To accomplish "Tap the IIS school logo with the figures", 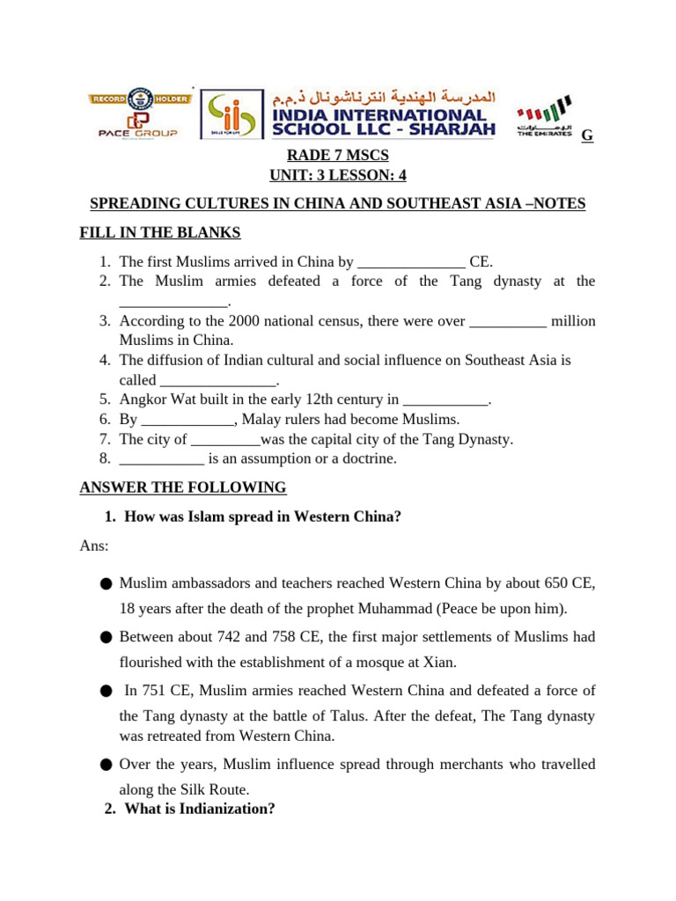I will point(231,114).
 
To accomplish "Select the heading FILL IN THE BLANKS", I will point(160,232).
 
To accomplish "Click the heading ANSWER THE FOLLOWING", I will point(183,487).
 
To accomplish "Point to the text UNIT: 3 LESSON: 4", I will point(338,175).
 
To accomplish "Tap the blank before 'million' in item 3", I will point(508,321).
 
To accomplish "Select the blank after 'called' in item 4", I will point(217,381).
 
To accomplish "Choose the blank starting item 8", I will point(161,459).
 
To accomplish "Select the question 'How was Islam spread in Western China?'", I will point(263,517).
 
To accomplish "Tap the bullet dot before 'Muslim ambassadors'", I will point(107,583).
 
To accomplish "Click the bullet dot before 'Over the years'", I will point(107,765).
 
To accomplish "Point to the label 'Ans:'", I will point(94,546).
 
